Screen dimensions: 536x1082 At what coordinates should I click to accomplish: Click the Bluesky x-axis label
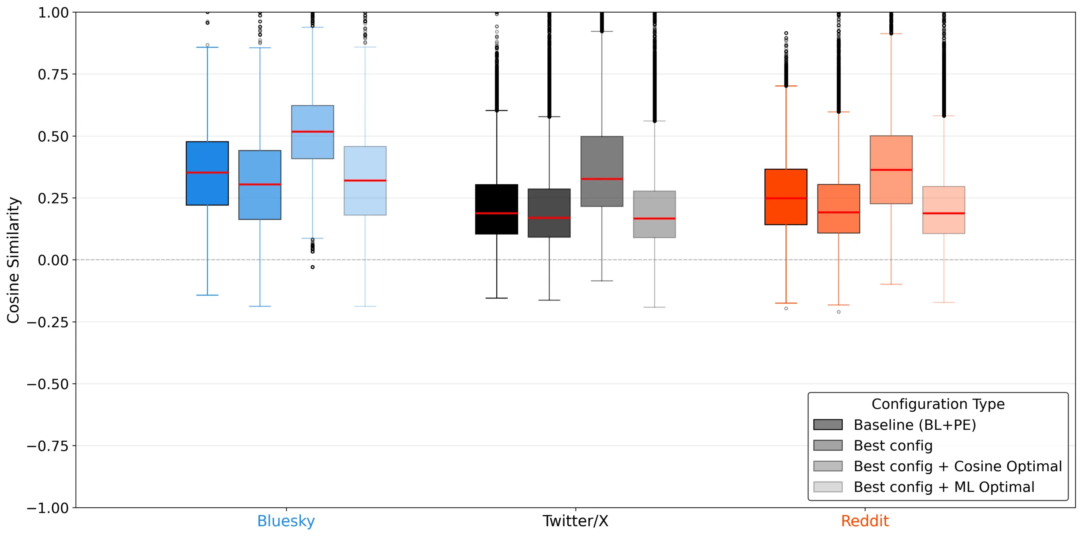click(x=286, y=521)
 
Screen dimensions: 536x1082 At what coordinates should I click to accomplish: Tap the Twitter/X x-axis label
click(x=575, y=521)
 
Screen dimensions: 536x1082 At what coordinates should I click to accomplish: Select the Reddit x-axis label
click(x=864, y=521)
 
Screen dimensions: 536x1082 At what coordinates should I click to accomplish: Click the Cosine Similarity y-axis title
click(x=13, y=260)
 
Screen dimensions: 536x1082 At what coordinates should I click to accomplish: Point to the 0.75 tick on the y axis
click(x=53, y=74)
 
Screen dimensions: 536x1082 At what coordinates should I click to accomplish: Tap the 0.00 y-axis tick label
click(x=53, y=260)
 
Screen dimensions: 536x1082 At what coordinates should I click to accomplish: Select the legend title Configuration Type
click(x=937, y=404)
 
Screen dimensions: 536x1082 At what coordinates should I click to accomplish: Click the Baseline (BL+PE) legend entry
click(x=914, y=425)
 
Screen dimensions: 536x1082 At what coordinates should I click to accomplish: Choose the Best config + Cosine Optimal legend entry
click(x=957, y=466)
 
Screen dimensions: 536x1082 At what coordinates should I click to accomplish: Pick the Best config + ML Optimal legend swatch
click(x=827, y=487)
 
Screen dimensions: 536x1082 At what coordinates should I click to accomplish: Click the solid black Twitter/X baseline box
click(x=496, y=199)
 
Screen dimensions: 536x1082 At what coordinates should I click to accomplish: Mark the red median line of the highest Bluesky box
click(x=312, y=132)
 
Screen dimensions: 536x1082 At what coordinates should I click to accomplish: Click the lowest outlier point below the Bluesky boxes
click(x=312, y=267)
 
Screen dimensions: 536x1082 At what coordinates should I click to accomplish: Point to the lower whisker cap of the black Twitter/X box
click(x=496, y=298)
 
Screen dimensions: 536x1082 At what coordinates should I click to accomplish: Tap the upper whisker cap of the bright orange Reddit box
click(x=785, y=86)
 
